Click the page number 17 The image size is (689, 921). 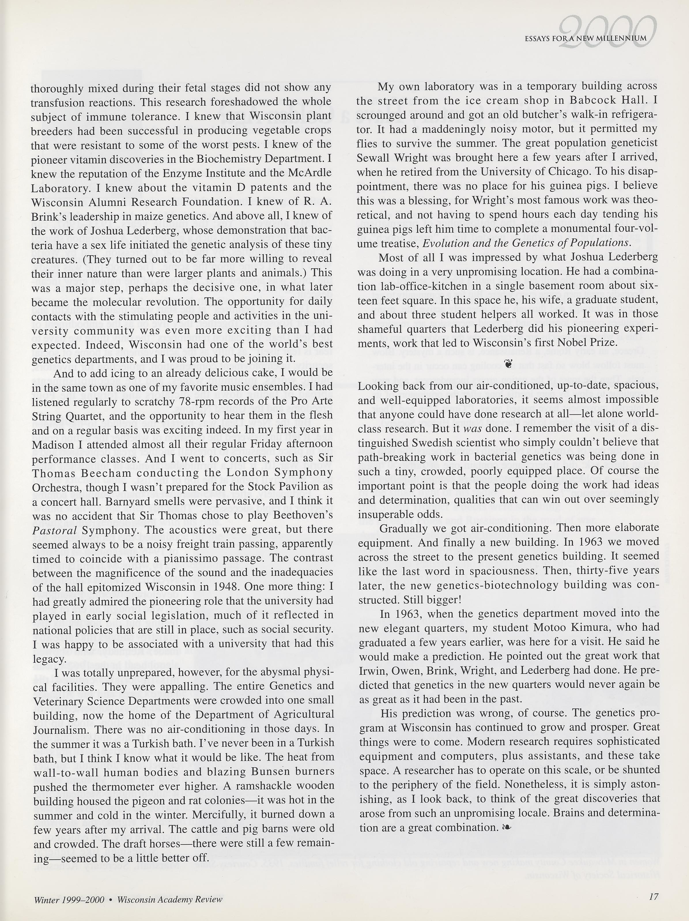tap(653, 897)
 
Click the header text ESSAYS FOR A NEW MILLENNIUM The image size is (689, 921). tap(586, 39)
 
